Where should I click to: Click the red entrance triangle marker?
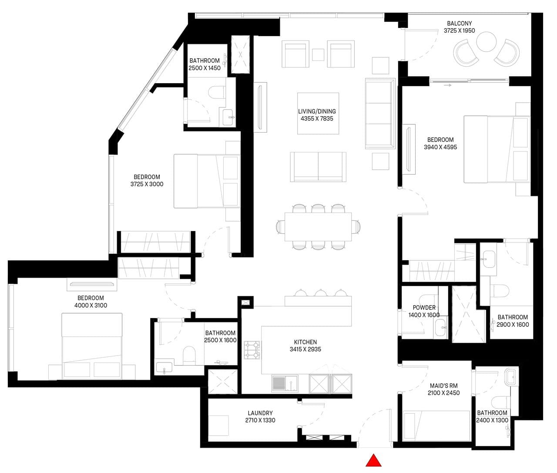tap(373, 461)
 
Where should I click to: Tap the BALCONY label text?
tap(460, 23)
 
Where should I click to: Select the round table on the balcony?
tap(486, 41)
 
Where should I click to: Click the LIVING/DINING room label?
tap(317, 111)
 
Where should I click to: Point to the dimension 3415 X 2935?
tap(305, 349)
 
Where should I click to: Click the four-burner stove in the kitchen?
tap(252, 350)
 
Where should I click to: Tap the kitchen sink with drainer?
tap(285, 383)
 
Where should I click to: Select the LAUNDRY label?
tap(260, 413)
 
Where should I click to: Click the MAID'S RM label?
tap(443, 386)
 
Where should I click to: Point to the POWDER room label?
tap(424, 308)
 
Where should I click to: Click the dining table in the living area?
tap(318, 227)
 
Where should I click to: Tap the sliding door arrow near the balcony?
tap(447, 85)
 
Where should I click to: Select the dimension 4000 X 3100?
tap(91, 305)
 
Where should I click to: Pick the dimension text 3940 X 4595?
tap(440, 147)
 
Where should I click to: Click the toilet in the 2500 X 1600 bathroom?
tap(189, 356)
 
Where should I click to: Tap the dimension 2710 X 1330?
tap(260, 420)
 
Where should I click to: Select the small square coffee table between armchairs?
tap(318, 55)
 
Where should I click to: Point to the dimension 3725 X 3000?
tap(147, 184)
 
